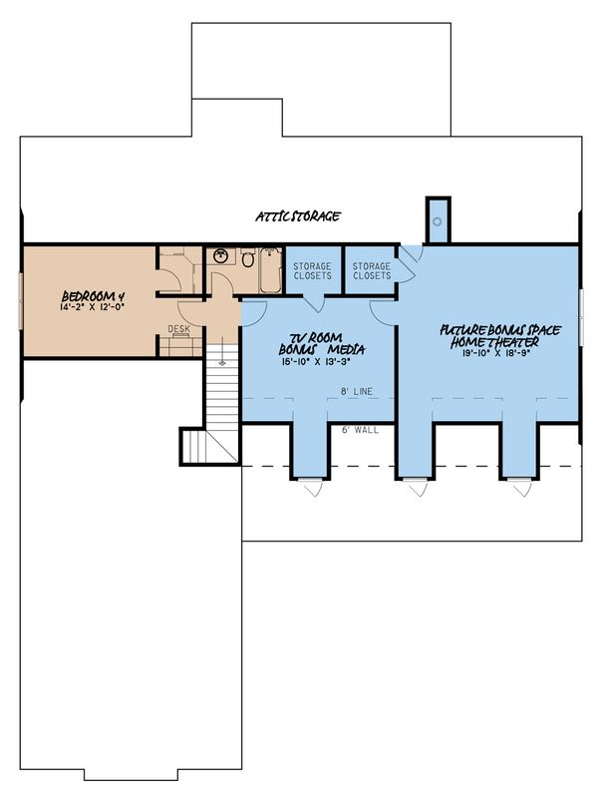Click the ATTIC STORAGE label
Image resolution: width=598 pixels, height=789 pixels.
click(x=298, y=216)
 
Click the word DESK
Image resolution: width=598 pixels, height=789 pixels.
click(x=178, y=329)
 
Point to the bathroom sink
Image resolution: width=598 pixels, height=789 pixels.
click(x=221, y=256)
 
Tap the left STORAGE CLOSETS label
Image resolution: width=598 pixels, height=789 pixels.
click(x=314, y=270)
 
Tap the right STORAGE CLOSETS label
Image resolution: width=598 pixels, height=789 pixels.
click(x=372, y=270)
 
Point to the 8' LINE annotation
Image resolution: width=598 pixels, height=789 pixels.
click(x=356, y=393)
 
